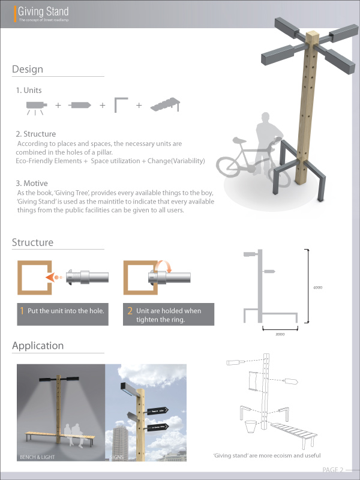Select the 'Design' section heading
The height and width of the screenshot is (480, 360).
pyautogui.click(x=28, y=70)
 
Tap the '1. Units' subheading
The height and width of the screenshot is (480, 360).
pyautogui.click(x=29, y=90)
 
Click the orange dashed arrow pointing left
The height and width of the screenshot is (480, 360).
pyautogui.click(x=55, y=278)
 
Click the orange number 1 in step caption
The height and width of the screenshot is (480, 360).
pyautogui.click(x=22, y=311)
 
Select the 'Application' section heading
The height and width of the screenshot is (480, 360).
pyautogui.click(x=38, y=346)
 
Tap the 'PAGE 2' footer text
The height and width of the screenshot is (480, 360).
pyautogui.click(x=333, y=469)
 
